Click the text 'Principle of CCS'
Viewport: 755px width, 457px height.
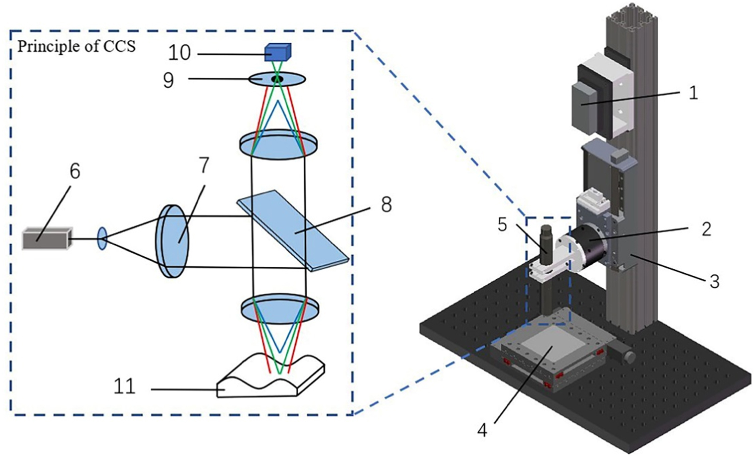77,46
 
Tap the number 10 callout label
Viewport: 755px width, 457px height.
180,52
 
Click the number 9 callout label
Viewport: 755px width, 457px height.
169,80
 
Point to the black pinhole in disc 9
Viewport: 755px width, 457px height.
276,79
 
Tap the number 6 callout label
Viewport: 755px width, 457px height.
74,171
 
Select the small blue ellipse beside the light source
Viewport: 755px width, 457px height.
102,239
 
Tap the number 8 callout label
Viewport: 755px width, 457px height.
386,204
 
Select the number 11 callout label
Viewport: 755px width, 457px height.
124,387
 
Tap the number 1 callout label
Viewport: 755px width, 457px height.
693,93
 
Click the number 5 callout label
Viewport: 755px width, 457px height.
502,224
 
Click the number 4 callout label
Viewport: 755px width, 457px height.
482,430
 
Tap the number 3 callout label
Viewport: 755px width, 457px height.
714,281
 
